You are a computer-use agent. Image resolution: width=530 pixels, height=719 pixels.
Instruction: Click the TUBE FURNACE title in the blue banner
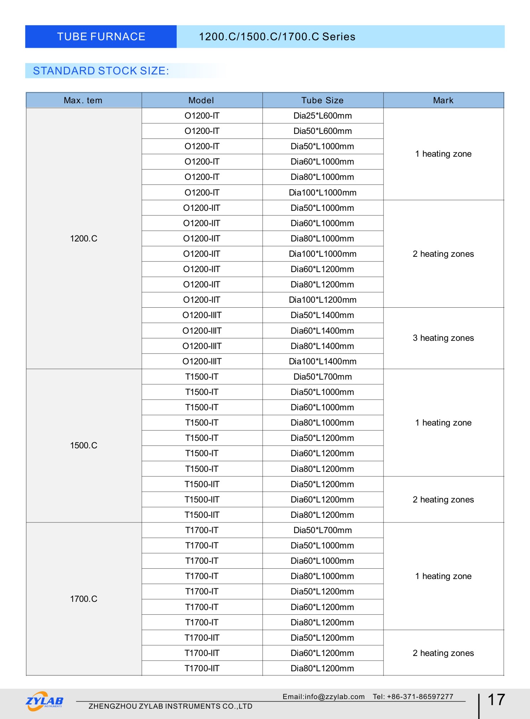pos(101,37)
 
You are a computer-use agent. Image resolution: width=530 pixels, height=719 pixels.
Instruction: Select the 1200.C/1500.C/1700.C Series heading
pos(277,37)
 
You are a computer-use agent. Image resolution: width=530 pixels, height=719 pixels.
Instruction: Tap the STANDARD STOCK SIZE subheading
pos(101,71)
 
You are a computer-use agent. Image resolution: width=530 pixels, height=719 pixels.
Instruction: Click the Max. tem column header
pos(83,100)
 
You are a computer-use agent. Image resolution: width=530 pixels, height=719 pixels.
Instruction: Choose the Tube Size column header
pos(322,100)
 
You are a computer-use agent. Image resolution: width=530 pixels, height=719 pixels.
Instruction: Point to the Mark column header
pos(443,100)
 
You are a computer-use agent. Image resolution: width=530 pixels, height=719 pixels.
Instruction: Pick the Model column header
pos(201,100)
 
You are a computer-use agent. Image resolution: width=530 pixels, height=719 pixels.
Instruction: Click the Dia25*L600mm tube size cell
pos(322,116)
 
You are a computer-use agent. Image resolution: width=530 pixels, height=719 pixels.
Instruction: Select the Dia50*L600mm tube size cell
pos(322,131)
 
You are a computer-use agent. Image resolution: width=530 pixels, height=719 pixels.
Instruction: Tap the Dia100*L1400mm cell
pos(322,361)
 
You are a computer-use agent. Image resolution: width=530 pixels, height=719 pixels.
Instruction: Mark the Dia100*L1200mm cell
pos(322,300)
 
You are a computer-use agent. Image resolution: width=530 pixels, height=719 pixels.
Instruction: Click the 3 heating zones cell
pos(443,338)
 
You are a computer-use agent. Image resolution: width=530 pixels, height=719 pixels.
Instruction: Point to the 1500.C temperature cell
pos(84,446)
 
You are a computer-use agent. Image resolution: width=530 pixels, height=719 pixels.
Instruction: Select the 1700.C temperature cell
pos(84,599)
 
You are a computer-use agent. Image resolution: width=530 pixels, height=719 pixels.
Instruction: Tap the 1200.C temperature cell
pos(84,239)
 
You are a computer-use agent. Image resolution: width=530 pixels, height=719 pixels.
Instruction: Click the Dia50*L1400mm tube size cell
pos(322,315)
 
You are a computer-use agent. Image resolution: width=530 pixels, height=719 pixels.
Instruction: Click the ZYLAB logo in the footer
pos(45,701)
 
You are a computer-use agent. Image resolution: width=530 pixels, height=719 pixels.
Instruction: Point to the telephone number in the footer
pos(413,697)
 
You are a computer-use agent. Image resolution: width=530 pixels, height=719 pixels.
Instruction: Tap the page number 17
pos(496,700)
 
